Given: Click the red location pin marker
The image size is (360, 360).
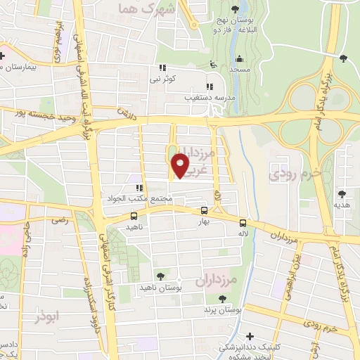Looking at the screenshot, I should [181, 165].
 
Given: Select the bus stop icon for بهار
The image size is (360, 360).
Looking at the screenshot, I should [204, 210].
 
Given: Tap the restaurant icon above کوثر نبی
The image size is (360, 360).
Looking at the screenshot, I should [162, 68].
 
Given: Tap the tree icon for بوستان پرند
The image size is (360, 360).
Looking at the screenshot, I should [223, 300].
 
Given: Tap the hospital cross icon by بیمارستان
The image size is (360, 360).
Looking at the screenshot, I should [3, 56].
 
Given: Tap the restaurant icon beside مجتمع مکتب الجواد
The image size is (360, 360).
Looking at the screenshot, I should [139, 188].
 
